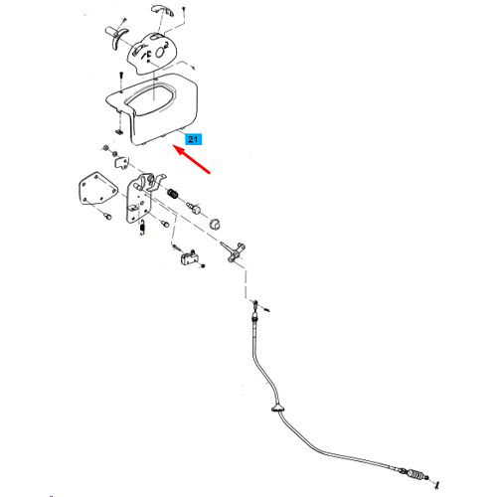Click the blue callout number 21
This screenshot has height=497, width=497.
click(193, 139)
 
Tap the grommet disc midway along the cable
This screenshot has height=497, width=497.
click(278, 410)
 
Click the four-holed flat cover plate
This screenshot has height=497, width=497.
click(97, 189)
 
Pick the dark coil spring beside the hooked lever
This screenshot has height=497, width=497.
click(173, 193)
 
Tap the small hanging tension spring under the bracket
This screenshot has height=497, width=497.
click(142, 228)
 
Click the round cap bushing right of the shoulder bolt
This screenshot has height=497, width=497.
click(215, 224)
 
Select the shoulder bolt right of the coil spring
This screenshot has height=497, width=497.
click(194, 209)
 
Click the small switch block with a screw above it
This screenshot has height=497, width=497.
click(187, 258)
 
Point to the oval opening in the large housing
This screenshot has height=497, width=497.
click(150, 98)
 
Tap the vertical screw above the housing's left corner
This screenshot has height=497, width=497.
click(121, 81)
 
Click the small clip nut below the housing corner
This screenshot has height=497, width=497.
click(118, 132)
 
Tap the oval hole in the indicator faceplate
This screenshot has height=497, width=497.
click(161, 51)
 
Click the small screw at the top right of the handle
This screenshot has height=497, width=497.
click(183, 12)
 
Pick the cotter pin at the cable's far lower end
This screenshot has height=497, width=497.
click(437, 485)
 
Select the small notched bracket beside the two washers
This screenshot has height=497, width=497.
click(122, 162)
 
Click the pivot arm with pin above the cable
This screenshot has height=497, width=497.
click(233, 251)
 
